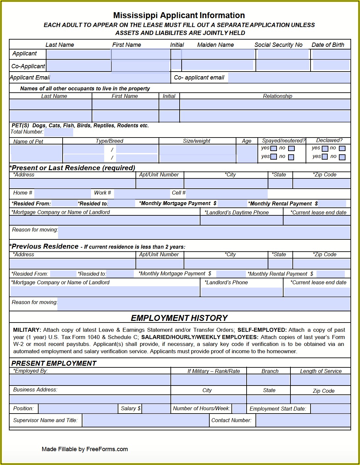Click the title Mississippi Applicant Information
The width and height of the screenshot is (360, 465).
(x=179, y=15)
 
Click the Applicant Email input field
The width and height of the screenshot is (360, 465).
(x=110, y=78)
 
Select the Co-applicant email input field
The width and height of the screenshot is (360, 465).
(x=289, y=78)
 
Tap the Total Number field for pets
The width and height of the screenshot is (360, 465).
(x=58, y=132)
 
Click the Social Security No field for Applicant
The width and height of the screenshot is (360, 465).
(x=283, y=54)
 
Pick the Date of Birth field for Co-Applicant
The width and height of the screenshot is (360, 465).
(x=331, y=65)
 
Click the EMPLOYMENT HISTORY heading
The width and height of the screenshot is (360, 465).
(x=179, y=318)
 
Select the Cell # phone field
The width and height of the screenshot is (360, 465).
(x=227, y=194)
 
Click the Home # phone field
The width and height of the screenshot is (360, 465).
(x=62, y=194)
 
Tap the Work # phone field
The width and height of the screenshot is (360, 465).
(x=142, y=194)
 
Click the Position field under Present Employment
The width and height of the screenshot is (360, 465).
(x=78, y=409)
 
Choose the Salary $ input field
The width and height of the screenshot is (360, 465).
(x=156, y=409)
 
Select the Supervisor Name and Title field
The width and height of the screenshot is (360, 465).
(x=145, y=421)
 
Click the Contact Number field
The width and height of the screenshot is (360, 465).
(x=303, y=421)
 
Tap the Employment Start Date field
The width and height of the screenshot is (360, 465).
(x=330, y=409)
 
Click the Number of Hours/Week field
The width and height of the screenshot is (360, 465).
(x=239, y=409)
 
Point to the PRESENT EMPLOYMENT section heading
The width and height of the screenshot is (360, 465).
(x=54, y=363)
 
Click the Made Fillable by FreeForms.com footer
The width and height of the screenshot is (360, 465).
(x=85, y=449)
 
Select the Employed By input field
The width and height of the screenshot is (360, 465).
(x=90, y=380)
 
